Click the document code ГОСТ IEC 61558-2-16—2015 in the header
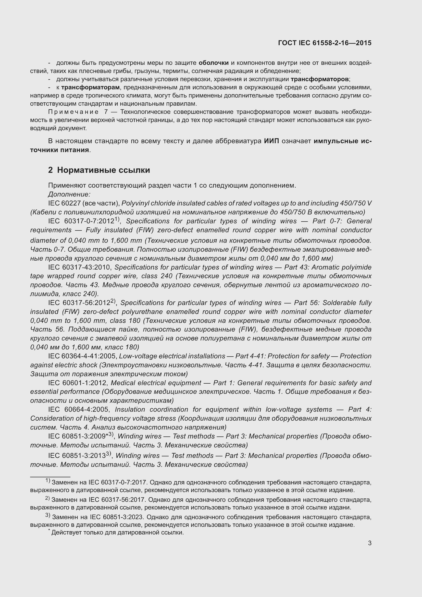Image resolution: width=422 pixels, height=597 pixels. click(325, 43)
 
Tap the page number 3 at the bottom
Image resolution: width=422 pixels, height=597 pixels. click(369, 543)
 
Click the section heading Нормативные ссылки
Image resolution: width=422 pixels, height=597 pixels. click(103, 170)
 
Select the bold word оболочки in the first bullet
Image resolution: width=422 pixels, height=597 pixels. click(214, 63)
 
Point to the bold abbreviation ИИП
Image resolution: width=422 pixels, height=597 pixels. click(271, 141)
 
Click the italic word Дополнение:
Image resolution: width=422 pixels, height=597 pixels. click(69, 194)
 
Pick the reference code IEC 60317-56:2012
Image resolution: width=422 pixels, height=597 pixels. click(79, 303)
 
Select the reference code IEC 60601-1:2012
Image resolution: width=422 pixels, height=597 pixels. click(78, 383)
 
